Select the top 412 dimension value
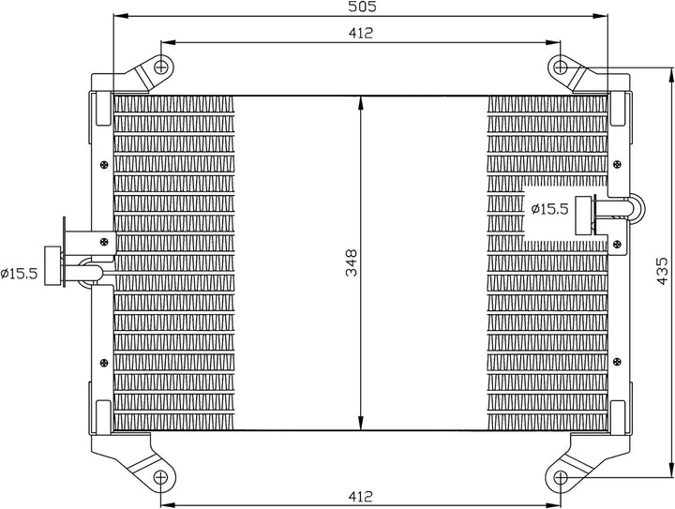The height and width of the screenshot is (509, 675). pos(362,34)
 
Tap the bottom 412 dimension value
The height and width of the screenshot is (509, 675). pos(362,496)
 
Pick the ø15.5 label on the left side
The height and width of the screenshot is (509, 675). pos(18,274)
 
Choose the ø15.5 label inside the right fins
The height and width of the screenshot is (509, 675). pos(549,209)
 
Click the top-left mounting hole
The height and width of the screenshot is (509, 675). pos(163,67)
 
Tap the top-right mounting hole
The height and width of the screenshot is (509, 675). pos(561,67)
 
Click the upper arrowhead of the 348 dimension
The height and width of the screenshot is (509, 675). pos(363,102)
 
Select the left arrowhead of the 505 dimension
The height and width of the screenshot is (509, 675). pos(117,17)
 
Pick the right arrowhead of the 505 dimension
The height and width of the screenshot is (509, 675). pos(602,17)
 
